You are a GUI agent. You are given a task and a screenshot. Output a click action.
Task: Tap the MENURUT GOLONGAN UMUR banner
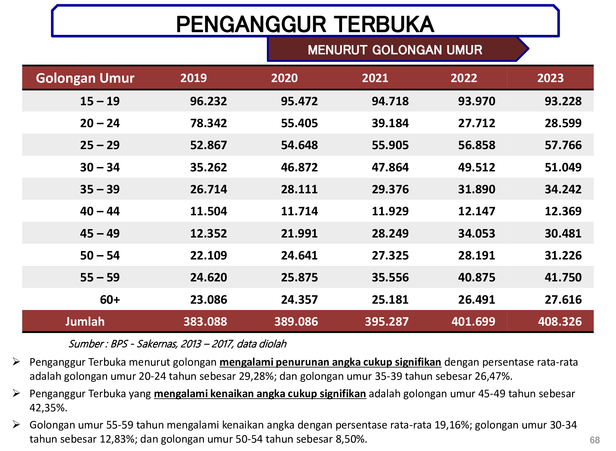[x=395, y=50]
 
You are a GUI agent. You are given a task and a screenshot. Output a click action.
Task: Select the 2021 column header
[x=375, y=78]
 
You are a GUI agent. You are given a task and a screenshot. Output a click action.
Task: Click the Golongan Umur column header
[x=85, y=78]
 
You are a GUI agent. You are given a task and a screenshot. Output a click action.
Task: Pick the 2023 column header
[x=550, y=78]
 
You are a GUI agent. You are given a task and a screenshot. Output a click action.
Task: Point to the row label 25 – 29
[x=100, y=145]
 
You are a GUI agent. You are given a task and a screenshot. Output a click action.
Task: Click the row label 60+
[x=110, y=300]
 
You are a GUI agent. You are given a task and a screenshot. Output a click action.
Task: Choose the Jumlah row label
[x=85, y=322]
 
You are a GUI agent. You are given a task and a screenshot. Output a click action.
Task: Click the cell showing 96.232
[x=208, y=101]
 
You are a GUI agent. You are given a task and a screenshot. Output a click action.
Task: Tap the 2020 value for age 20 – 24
[x=299, y=123]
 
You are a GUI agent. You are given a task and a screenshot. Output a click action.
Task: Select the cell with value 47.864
[x=390, y=167]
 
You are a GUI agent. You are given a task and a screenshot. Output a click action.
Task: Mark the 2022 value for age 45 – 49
[x=476, y=234]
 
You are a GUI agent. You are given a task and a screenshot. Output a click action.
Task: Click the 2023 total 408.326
[x=560, y=322]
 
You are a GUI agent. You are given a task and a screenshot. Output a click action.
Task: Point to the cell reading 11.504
[x=208, y=211]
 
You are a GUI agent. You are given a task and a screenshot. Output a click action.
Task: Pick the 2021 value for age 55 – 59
[x=390, y=278]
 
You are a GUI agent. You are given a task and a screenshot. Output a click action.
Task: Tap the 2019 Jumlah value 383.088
[x=205, y=322]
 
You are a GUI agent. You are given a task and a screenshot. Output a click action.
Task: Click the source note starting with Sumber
[x=177, y=344]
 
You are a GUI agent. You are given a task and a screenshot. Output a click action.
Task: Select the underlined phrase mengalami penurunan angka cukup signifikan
[x=330, y=362]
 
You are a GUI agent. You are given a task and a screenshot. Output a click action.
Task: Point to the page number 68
[x=595, y=440]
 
